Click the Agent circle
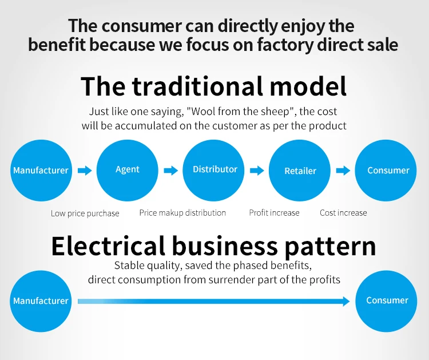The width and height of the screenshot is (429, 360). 127,170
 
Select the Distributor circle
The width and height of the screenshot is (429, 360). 214,170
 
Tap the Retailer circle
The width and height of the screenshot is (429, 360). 300,171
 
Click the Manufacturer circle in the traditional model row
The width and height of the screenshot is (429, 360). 41,170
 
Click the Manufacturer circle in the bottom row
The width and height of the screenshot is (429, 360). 41,300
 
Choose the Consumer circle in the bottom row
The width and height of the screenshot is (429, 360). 387,300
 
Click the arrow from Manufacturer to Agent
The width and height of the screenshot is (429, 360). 85,171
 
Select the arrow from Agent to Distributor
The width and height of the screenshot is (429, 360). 171,171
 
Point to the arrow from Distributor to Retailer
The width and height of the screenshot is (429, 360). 257,171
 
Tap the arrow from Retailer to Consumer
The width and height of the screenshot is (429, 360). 343,171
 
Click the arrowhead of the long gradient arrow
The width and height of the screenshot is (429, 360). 345,300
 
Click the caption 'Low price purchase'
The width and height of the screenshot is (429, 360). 85,213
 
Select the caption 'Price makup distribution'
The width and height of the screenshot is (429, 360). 182,213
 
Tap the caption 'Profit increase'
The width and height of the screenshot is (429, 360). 274,213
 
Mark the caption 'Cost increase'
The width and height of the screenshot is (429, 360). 343,213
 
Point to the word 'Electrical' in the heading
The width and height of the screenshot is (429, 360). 108,246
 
